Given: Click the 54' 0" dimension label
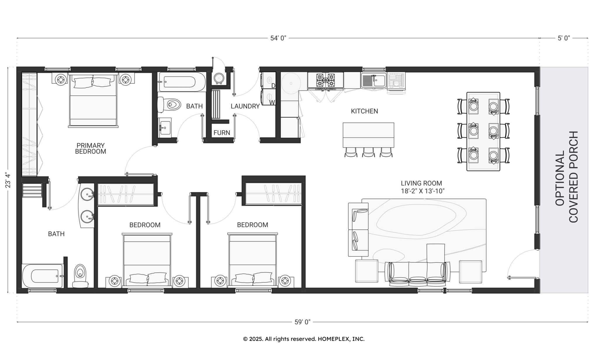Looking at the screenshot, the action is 278,38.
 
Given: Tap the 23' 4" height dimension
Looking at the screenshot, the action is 8,180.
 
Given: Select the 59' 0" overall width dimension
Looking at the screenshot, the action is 302,322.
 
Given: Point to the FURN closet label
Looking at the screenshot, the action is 222,133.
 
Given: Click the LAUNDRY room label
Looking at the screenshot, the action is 245,106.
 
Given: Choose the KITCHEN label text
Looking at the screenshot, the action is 364,111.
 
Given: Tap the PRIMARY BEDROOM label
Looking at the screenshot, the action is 91,148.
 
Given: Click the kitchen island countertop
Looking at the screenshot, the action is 368,135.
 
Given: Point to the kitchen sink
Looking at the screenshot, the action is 373,80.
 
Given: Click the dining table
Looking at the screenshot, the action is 483,131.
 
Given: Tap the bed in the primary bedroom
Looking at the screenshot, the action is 93,100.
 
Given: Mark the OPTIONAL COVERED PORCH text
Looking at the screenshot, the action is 567,177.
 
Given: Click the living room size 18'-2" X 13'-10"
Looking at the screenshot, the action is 423,191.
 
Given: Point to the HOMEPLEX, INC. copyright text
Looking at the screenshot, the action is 304,339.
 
